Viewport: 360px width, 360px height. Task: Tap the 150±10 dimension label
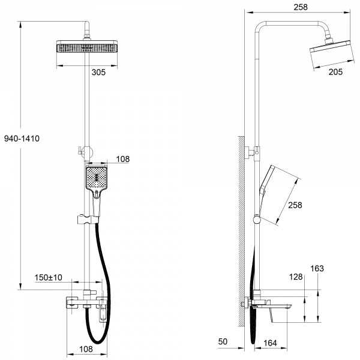pyautogui.click(x=48, y=277)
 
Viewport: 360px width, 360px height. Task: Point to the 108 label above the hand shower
pyautogui.click(x=122, y=159)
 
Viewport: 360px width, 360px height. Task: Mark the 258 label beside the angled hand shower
pyautogui.click(x=295, y=205)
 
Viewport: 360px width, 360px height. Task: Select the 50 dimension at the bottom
pyautogui.click(x=223, y=341)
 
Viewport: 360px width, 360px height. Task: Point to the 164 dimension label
pyautogui.click(x=270, y=343)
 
